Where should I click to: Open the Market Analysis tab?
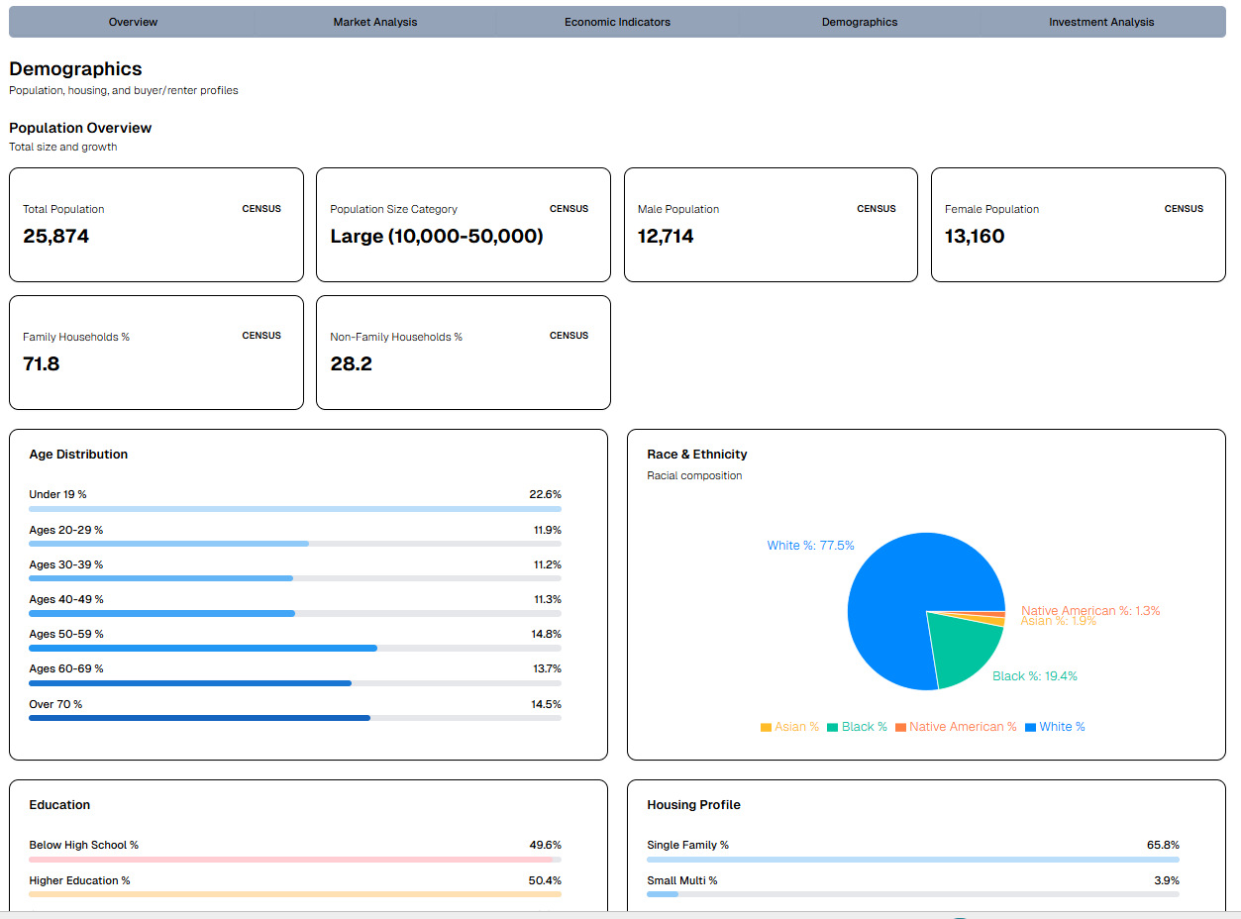(x=374, y=22)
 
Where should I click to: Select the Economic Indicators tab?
(x=617, y=22)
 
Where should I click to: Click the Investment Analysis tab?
(x=1101, y=22)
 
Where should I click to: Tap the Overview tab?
(x=133, y=22)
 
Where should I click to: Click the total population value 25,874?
(x=56, y=237)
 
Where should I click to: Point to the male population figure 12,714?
(x=666, y=237)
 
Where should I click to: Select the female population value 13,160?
(x=975, y=237)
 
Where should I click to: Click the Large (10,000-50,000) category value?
(x=437, y=237)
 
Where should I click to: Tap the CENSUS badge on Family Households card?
(x=261, y=336)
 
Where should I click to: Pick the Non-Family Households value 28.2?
(x=352, y=364)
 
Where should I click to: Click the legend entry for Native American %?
(x=956, y=727)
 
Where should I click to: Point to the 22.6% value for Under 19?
(x=545, y=494)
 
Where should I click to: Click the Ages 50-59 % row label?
(x=66, y=634)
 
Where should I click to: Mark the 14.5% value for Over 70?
(x=546, y=704)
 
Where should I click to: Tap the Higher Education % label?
(x=79, y=880)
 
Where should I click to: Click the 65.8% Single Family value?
(x=1163, y=845)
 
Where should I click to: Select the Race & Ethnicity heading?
(x=697, y=455)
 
